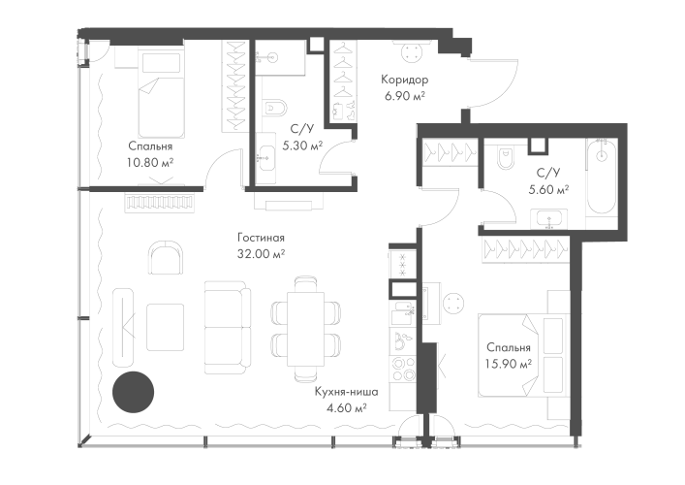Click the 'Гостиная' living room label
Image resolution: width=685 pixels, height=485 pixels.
coord(265,237)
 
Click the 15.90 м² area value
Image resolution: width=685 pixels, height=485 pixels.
coord(509,364)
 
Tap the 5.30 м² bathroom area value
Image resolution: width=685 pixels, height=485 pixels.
coord(301,145)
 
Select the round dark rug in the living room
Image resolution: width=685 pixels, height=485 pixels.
coord(133,391)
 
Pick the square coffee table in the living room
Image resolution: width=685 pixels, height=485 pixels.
coord(165,323)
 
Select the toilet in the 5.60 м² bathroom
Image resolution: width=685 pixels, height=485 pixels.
coord(501,158)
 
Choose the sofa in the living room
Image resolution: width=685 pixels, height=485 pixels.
coord(227,323)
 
